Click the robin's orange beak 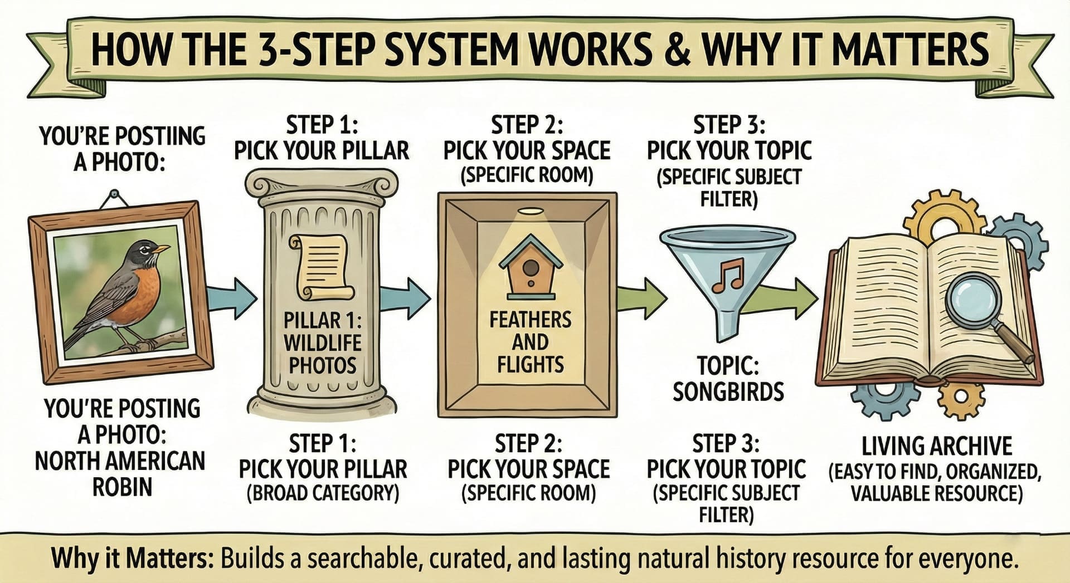pyautogui.click(x=161, y=249)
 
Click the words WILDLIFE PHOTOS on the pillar pyautogui.click(x=323, y=354)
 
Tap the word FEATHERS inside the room pyautogui.click(x=530, y=320)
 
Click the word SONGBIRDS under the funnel pyautogui.click(x=728, y=392)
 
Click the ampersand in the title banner pyautogui.click(x=675, y=50)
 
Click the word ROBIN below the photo pyautogui.click(x=122, y=487)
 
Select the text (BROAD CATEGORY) pyautogui.click(x=323, y=493)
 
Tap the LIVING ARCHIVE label pyautogui.click(x=937, y=447)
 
